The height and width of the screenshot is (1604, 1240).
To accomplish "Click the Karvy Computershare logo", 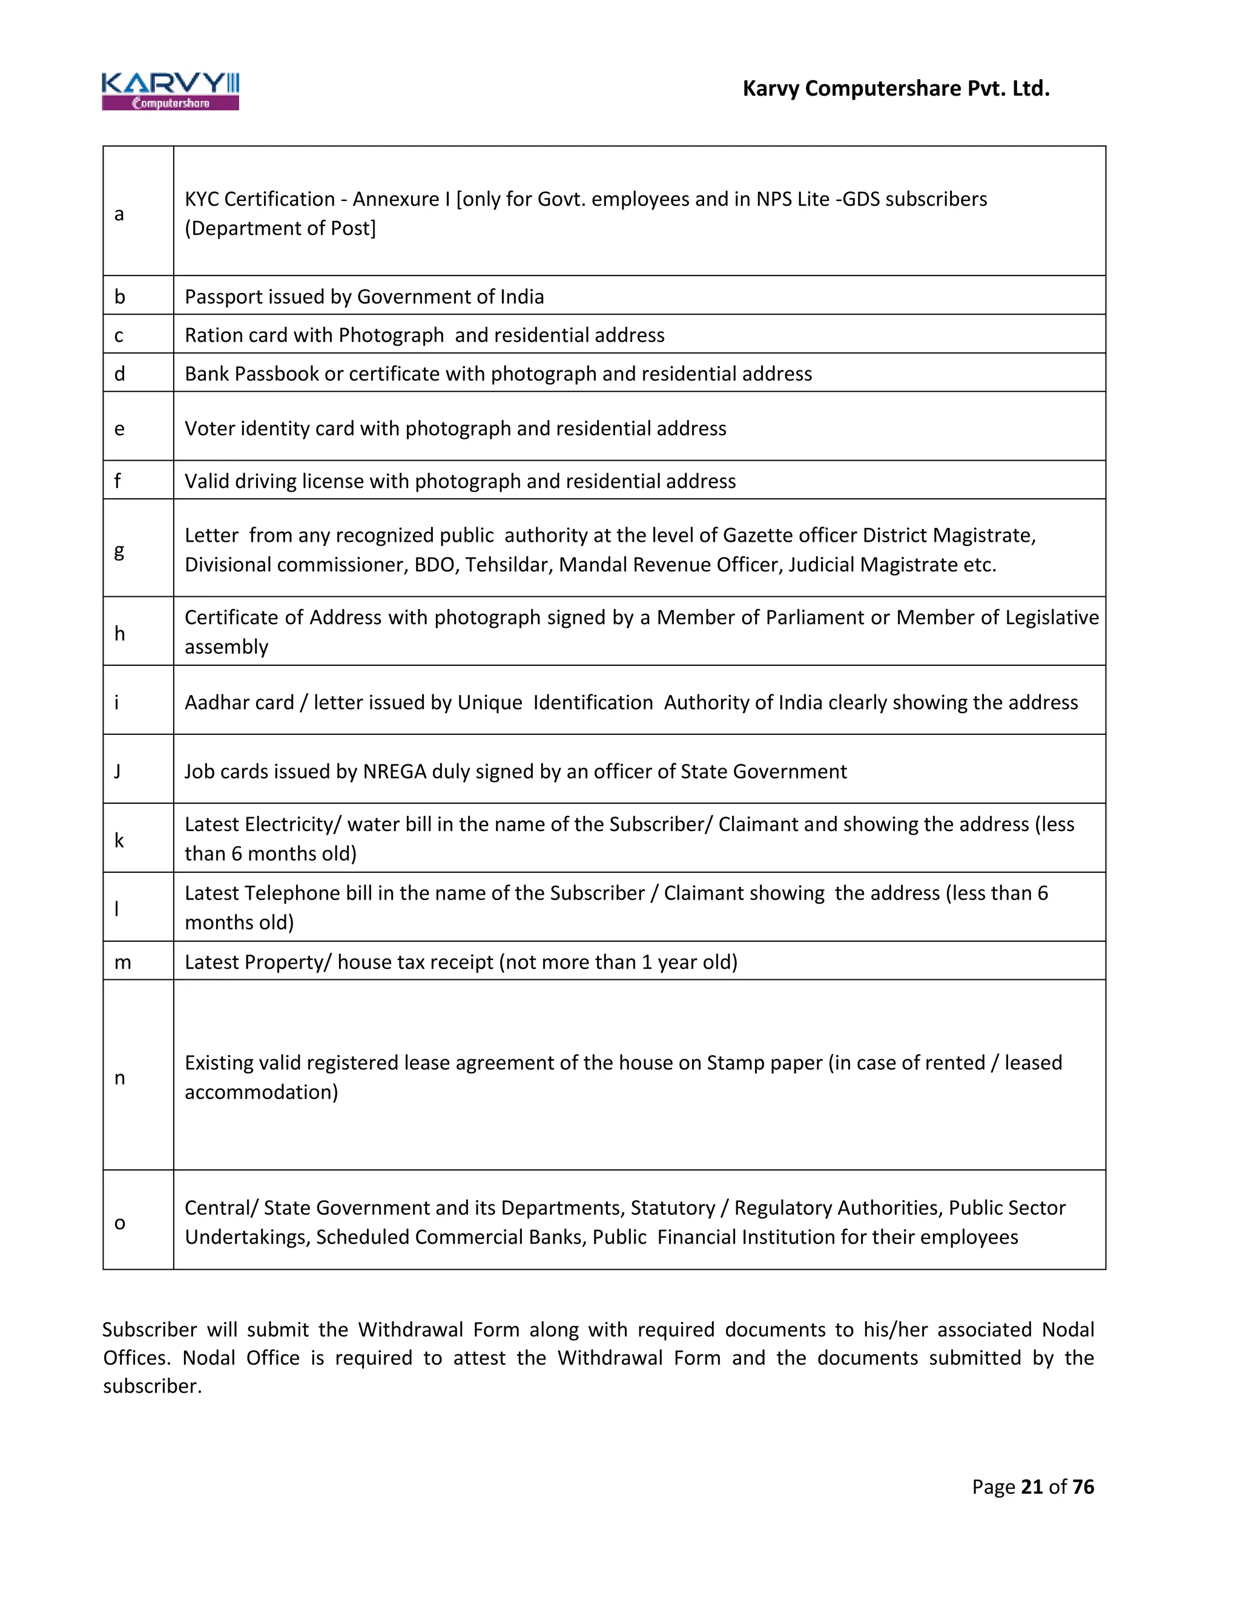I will (x=170, y=91).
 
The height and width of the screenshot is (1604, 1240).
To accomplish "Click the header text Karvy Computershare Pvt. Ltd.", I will (x=895, y=89).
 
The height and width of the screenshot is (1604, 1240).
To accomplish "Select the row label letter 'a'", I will (x=119, y=214).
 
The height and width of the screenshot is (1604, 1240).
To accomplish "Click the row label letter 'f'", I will (x=117, y=481).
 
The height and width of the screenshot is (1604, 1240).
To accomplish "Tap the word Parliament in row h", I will (x=815, y=617).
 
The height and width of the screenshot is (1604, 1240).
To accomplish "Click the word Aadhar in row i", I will (x=218, y=703).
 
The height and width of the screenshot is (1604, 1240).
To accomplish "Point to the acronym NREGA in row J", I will (x=395, y=772).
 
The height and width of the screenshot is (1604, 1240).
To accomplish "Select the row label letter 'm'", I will (x=123, y=962).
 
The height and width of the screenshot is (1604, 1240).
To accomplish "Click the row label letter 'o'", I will (x=120, y=1223).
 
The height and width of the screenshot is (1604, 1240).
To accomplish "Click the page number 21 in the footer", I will (x=1031, y=1487).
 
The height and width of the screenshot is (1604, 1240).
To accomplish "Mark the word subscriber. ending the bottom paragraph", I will (x=152, y=1387).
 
